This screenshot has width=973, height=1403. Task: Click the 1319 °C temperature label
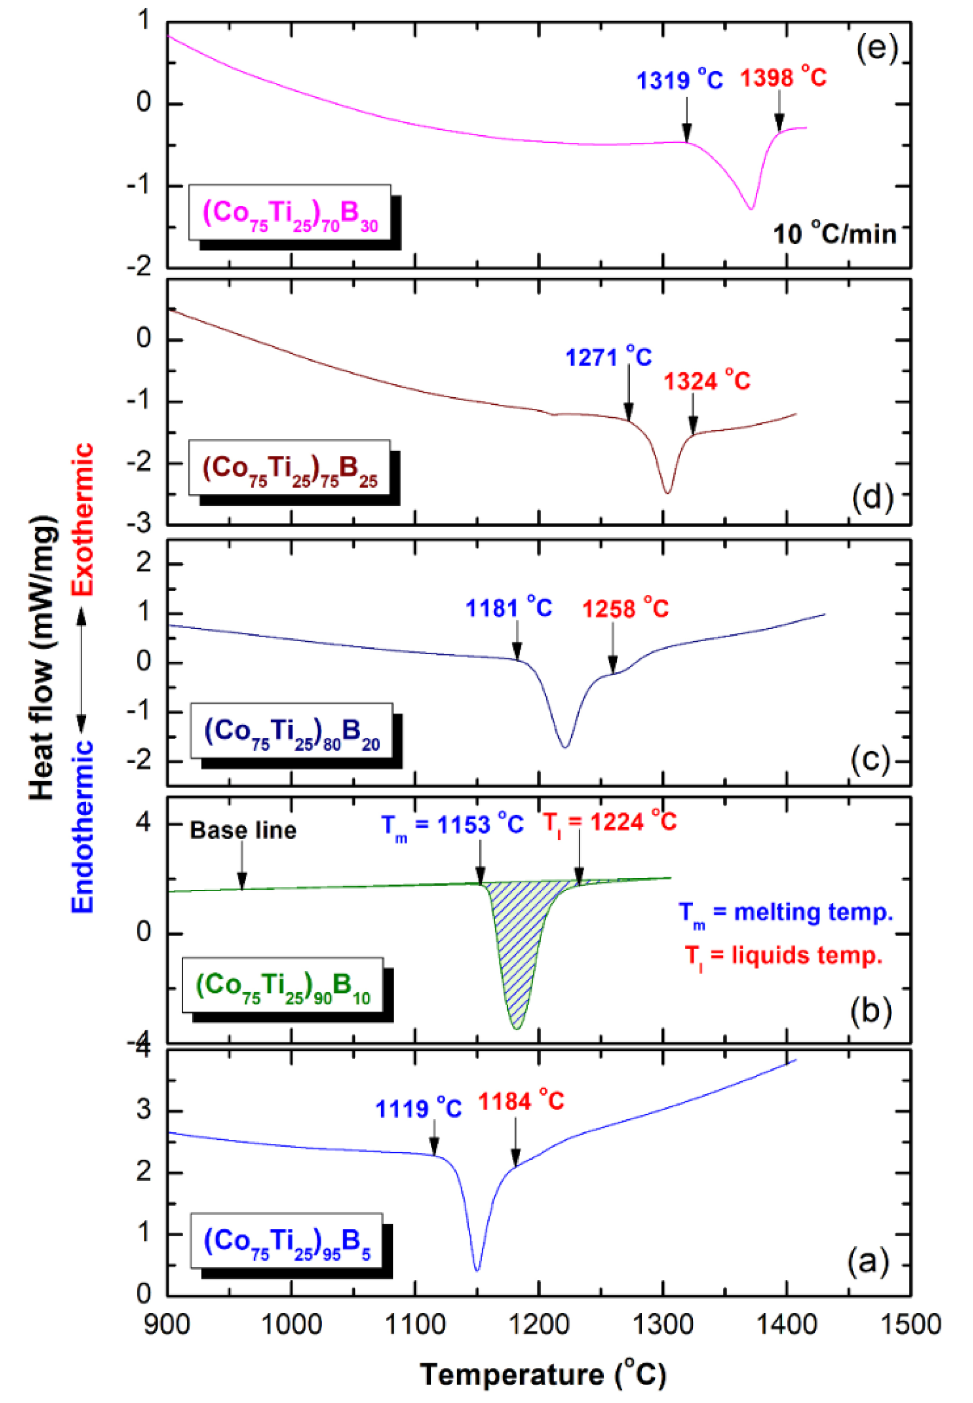(x=679, y=80)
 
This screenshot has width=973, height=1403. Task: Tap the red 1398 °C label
(x=784, y=77)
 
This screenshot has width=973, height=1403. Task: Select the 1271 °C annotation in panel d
(x=609, y=357)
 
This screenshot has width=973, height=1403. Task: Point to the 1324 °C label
(x=707, y=381)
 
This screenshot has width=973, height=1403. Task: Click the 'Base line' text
(x=243, y=830)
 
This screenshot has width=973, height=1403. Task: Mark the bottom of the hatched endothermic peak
(x=516, y=1029)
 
